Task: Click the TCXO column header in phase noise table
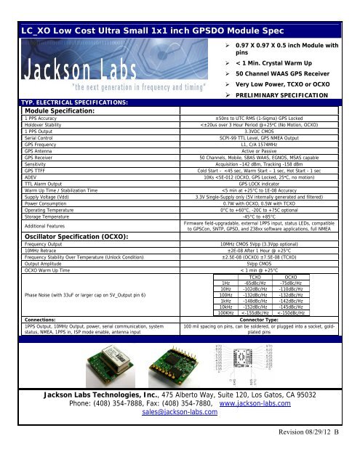(x=255, y=277)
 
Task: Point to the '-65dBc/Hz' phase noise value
(x=255, y=283)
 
